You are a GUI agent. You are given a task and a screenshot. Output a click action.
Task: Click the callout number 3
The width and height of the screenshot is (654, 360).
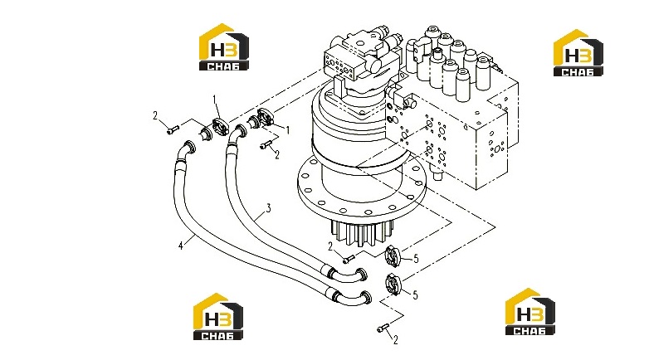coord(269,207)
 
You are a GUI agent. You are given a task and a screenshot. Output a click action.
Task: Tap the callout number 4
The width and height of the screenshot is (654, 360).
coord(181,246)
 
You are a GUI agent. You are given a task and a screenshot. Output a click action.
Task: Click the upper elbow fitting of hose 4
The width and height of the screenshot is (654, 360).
coord(187,150)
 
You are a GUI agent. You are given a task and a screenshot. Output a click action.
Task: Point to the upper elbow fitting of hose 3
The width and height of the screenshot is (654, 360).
coord(237,134)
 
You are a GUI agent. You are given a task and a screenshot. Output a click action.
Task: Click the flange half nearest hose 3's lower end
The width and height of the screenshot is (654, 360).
coord(393,255)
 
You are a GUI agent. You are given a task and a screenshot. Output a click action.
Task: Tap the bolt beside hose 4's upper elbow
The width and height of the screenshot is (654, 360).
coord(173,129)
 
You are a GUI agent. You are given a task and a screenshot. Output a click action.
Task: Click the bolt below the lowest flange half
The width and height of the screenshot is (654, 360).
coord(383,328)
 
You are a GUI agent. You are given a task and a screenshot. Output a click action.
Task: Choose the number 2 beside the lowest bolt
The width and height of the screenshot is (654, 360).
coord(395,340)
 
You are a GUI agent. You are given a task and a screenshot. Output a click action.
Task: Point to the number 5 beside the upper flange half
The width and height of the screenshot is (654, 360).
coord(416,259)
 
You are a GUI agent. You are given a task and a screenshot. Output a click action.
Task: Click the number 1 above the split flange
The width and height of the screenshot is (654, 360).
coord(215,100)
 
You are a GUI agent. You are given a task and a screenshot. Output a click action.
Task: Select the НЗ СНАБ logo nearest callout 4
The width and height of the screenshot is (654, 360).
coord(217,316)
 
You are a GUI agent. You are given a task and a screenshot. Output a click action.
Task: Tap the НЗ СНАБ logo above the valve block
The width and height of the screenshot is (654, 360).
coord(578,53)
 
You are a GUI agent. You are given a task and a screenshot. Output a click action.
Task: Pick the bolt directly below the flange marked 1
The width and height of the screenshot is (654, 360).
coord(266,145)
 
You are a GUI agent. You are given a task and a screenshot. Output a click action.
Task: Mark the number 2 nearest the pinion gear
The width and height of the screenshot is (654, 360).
coord(330,247)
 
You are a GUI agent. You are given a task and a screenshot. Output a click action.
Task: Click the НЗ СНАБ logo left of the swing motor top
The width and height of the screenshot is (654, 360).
coord(224,46)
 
